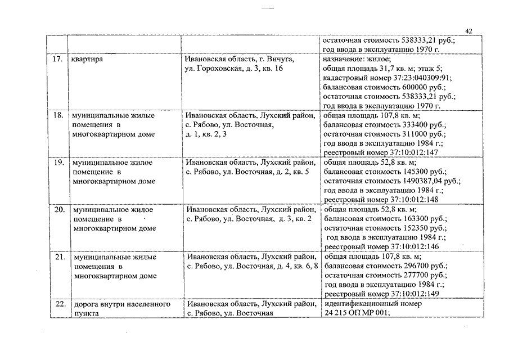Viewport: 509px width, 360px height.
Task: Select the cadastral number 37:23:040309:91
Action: click(x=418, y=78)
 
